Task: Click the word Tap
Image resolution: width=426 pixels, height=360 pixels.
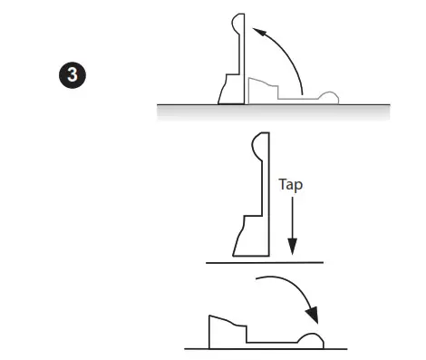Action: click(290, 182)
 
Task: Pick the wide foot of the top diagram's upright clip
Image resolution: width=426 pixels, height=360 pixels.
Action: click(228, 90)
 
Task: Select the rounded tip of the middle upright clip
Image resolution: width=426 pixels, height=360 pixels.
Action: click(257, 144)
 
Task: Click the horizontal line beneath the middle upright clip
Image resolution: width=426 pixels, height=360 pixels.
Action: click(264, 261)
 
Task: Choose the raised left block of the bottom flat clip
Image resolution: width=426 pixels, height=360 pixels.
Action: click(223, 331)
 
